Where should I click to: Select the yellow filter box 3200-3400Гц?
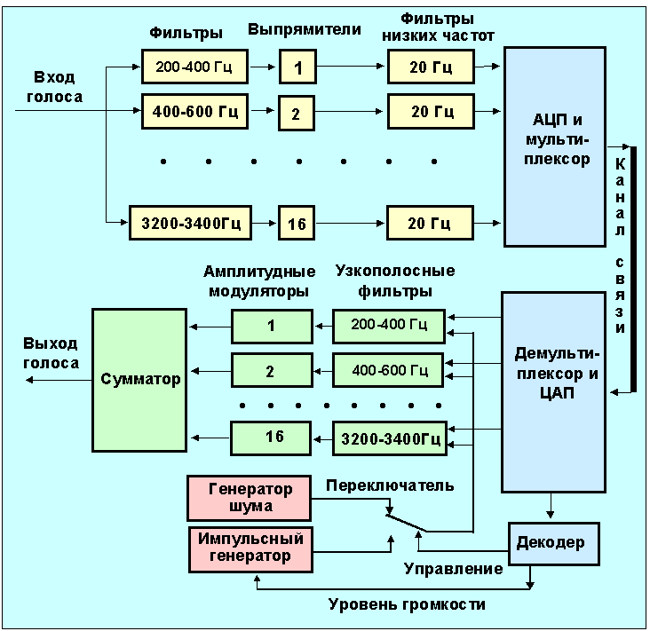pos(190,223)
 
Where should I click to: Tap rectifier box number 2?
pos(297,113)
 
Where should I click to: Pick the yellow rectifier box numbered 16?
pos(297,224)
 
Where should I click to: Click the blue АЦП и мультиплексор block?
pos(556,146)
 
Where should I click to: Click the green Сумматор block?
pos(139,380)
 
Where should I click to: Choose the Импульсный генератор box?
pos(251,548)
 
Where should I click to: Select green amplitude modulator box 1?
pos(271,326)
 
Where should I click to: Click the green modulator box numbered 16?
pos(271,437)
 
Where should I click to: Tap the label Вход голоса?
pos(54,87)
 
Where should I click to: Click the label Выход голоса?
pos(51,353)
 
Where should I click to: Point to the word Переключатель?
pos(390,485)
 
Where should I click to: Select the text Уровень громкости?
pos(408,604)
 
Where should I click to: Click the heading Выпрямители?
pos(304,29)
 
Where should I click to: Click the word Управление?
pos(453,568)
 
